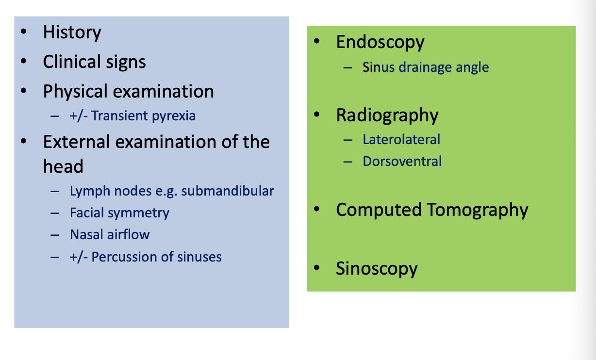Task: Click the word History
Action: [72, 33]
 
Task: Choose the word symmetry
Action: [146, 213]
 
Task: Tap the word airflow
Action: [129, 235]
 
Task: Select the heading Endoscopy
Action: [380, 42]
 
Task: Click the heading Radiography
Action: [387, 115]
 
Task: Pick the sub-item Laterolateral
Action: [401, 140]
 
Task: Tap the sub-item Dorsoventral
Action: [402, 161]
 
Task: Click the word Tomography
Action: [477, 210]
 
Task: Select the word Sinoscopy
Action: [376, 268]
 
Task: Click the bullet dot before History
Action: [24, 32]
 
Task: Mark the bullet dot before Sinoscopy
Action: [317, 268]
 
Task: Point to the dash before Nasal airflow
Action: [55, 235]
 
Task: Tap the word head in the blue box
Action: [63, 166]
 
